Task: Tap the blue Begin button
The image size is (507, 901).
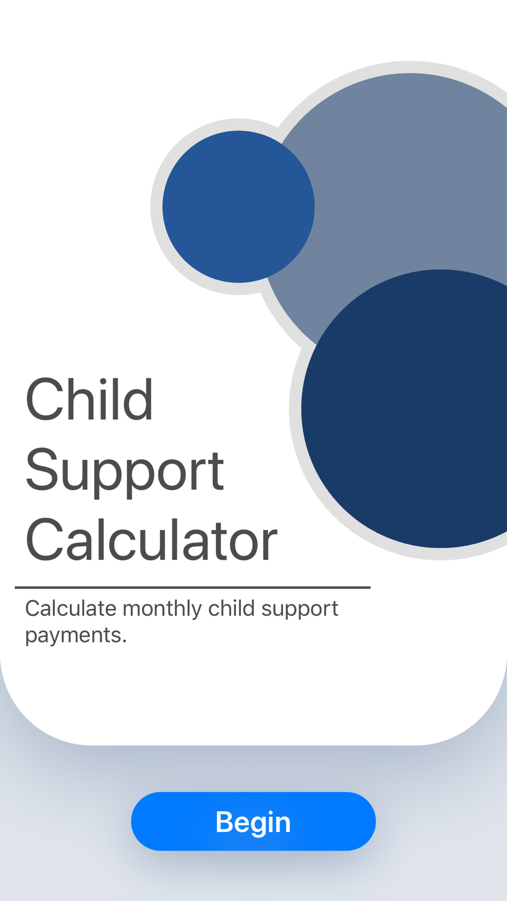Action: coord(253,821)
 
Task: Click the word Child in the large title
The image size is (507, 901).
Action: coord(89,399)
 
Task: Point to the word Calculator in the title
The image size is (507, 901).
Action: coord(152,540)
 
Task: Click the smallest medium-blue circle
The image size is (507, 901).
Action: coord(238,207)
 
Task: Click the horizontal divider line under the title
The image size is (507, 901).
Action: coord(193,588)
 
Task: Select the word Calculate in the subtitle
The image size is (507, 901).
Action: coord(71,608)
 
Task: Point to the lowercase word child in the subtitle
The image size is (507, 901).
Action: coord(232,608)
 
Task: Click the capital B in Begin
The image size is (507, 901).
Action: coord(225,821)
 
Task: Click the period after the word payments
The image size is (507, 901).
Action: coord(124,642)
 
